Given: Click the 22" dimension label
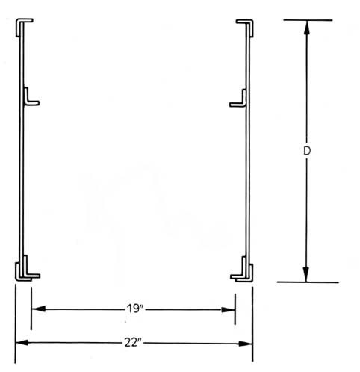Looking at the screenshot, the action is pos(134,343).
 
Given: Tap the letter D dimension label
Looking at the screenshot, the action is pos(307,151).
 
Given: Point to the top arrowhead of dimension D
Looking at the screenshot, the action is pos(307,27).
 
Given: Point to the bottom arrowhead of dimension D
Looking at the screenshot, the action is pos(306,275).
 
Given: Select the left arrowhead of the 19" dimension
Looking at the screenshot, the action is pos(39,309).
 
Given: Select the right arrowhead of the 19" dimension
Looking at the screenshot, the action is pos(228,310).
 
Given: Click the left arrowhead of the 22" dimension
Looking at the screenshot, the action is pos(22,343).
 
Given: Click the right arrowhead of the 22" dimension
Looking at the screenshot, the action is pos(245,344).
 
